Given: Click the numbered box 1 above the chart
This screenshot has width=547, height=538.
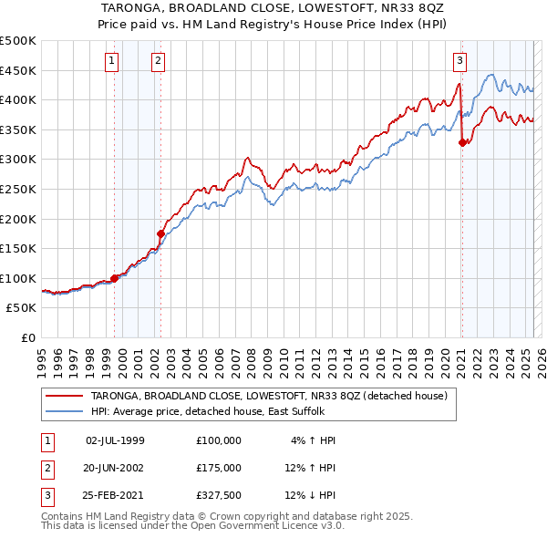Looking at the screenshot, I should (x=111, y=61).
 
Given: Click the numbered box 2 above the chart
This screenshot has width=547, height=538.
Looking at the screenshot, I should (x=158, y=61).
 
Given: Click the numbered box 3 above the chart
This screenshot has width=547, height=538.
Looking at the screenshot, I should (x=459, y=61).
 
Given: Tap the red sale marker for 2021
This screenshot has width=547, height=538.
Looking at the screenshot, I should (x=462, y=142).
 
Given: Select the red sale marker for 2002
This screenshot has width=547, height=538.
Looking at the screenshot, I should (x=160, y=233).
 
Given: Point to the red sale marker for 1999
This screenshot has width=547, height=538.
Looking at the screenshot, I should (x=114, y=278).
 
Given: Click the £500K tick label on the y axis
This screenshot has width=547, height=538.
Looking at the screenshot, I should (x=18, y=41).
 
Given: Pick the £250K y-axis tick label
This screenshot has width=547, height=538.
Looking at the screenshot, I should (x=18, y=189).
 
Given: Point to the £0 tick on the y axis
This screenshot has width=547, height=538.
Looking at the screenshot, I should (x=29, y=337).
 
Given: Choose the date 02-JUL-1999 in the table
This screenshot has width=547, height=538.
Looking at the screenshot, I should (x=115, y=440).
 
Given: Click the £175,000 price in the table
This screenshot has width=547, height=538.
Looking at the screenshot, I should (x=219, y=467).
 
